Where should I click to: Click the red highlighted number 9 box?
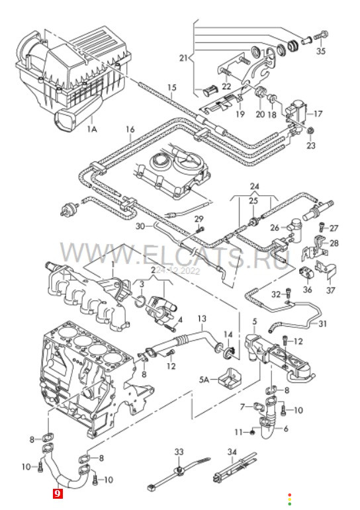point(58,493)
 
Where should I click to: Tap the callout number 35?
point(321,51)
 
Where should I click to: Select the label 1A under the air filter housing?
point(92,130)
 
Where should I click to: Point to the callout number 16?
point(130,130)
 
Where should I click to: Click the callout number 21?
point(183,58)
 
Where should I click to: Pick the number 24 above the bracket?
point(255,187)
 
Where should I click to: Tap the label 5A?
point(204,379)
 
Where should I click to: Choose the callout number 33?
point(179,452)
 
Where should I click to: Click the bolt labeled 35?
point(321,36)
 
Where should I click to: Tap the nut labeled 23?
point(311,131)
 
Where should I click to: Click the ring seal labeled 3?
point(140,301)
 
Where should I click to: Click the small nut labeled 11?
point(252,432)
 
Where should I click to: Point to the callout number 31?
point(322,323)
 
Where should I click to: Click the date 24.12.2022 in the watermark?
point(178,271)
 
